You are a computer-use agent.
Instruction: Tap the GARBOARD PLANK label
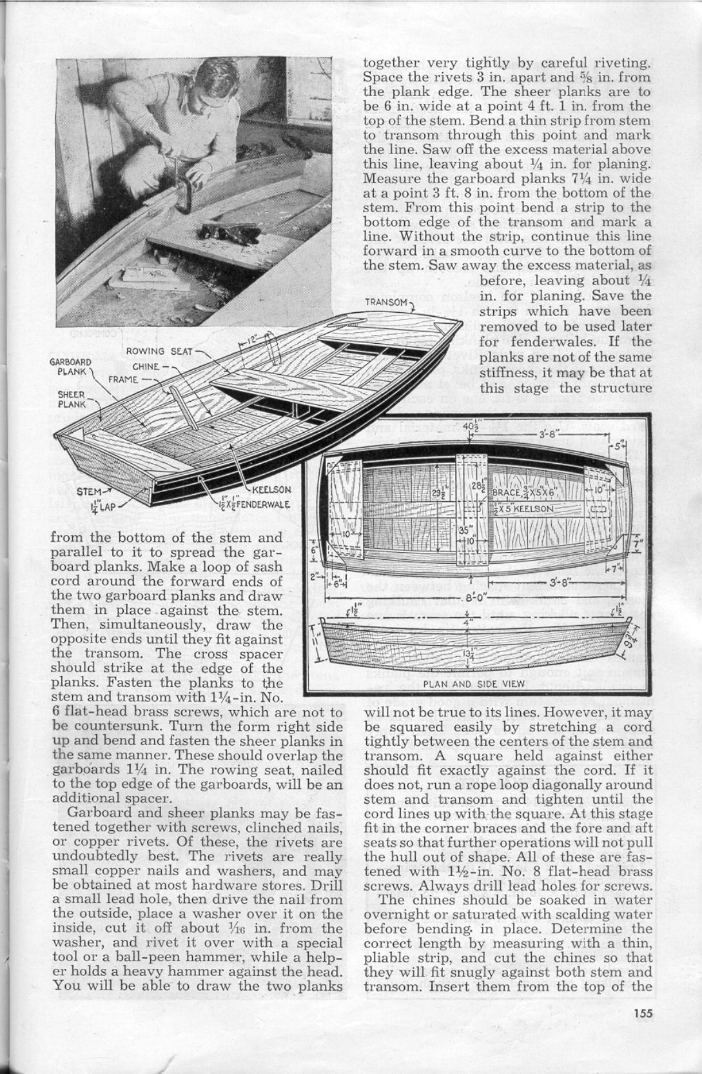tap(70, 366)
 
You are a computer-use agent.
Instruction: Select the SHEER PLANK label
tap(70, 399)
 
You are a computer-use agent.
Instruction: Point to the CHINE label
tap(145, 367)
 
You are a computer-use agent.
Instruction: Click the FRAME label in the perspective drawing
tap(123, 379)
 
